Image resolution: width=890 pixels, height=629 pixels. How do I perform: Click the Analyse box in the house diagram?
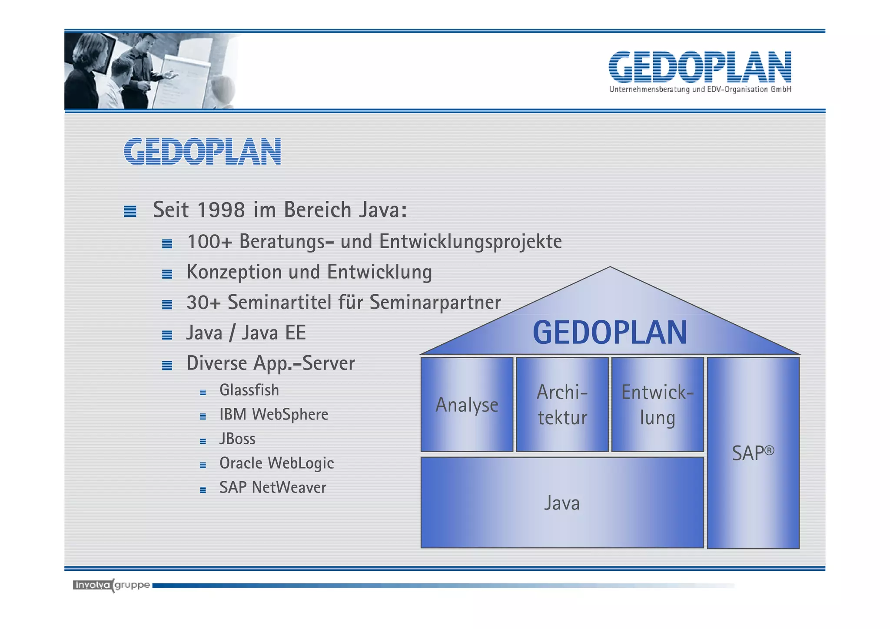[x=467, y=404]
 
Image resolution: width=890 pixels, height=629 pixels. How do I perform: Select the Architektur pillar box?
[x=562, y=404]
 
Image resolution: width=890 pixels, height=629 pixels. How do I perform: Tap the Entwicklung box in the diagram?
[x=657, y=404]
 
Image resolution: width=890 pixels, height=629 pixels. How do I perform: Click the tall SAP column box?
[x=753, y=453]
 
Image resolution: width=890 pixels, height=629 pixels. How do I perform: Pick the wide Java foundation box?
[x=561, y=503]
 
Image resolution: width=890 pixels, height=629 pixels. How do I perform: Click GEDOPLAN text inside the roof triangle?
[x=610, y=333]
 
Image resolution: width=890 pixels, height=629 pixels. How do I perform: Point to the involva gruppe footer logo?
[x=112, y=585]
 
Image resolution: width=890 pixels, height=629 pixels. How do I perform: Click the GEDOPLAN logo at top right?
[x=700, y=67]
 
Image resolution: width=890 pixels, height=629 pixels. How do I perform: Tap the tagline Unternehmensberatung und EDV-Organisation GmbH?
[x=700, y=90]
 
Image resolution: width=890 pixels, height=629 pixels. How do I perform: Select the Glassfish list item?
[x=249, y=390]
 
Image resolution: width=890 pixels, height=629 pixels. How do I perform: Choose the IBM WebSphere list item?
[x=274, y=414]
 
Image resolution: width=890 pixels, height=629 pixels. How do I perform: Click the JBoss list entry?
[x=237, y=439]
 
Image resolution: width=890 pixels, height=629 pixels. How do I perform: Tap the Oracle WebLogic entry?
[x=276, y=463]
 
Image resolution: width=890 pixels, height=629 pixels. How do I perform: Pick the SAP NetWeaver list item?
[x=272, y=487]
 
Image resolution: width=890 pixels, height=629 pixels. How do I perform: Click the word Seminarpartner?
[x=435, y=303]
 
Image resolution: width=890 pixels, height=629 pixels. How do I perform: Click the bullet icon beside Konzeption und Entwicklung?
[x=167, y=274]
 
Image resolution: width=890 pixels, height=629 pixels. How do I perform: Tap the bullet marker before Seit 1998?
[x=130, y=211]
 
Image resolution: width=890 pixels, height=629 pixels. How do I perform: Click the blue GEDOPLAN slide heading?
[x=203, y=151]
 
